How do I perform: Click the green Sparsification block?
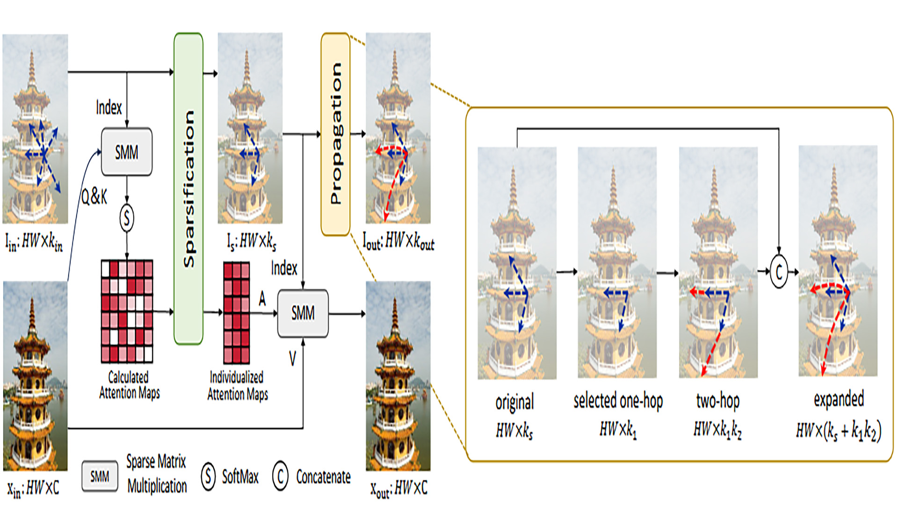(188, 188)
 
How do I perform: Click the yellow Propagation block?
(335, 134)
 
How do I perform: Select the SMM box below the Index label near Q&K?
(127, 152)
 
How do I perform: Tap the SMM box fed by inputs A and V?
(303, 313)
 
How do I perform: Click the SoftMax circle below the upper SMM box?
(127, 218)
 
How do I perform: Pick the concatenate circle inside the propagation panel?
(779, 272)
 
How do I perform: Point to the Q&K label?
(94, 197)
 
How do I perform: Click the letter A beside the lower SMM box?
(262, 298)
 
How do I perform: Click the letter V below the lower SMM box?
(292, 359)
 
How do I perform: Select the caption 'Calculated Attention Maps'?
(130, 385)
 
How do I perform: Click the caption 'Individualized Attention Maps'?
(238, 386)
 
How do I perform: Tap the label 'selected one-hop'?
(618, 401)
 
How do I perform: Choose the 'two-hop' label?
(718, 401)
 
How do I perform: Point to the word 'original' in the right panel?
(514, 403)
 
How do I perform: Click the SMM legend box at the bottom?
(100, 476)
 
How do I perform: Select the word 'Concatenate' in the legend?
(323, 477)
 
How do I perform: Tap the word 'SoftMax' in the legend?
(240, 477)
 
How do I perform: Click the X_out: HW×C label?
(398, 489)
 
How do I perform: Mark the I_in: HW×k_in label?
(34, 242)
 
